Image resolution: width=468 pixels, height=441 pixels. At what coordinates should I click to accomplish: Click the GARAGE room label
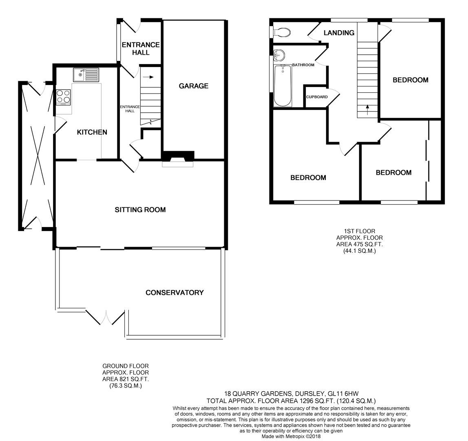coord(193,86)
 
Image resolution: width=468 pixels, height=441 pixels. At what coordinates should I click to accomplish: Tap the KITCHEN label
coord(92,132)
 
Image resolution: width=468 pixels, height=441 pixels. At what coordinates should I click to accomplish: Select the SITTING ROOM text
coord(140,210)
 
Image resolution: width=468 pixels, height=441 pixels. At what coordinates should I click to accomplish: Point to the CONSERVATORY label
coord(174,292)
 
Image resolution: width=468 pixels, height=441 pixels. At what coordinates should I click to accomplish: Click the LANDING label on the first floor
coord(339,33)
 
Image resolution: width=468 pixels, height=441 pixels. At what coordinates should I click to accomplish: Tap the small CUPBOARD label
coord(317,97)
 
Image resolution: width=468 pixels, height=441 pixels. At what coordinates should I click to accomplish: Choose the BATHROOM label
coord(303,65)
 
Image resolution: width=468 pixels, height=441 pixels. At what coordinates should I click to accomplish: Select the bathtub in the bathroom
coord(283,85)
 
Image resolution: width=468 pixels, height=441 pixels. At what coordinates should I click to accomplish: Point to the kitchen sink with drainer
coord(86,75)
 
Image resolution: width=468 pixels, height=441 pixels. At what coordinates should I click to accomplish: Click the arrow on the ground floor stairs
coord(148,77)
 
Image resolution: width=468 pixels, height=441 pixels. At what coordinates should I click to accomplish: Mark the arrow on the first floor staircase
coord(367,110)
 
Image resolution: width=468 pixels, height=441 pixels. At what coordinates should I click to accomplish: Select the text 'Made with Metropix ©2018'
coord(291,437)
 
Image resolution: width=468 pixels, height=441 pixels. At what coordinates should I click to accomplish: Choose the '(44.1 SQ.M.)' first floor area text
coord(360,251)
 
